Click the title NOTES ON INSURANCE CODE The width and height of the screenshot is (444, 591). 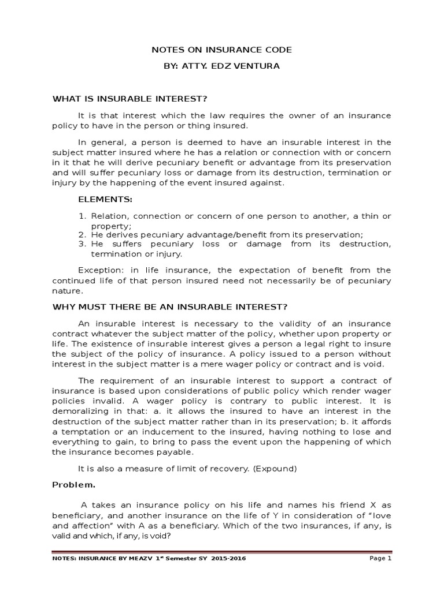[x=221, y=50]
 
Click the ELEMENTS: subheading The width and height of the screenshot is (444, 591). [x=105, y=200]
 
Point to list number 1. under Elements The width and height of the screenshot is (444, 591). [x=82, y=216]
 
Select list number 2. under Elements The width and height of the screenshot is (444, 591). [x=82, y=235]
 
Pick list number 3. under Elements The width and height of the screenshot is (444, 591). [x=82, y=244]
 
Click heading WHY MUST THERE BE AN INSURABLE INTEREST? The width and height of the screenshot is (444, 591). [x=170, y=306]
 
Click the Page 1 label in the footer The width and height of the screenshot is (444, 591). [x=380, y=559]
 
